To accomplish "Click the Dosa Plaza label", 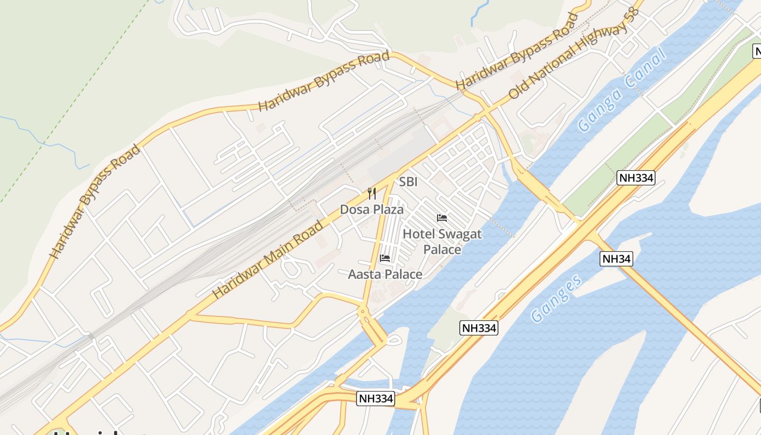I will tap(372, 209).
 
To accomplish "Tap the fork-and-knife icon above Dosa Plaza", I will tap(372, 194).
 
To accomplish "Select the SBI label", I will tap(408, 182).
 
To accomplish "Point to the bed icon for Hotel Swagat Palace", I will tap(442, 218).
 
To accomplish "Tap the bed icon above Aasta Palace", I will tap(385, 258).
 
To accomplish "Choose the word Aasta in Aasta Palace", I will tap(365, 275).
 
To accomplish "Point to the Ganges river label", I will tap(556, 299).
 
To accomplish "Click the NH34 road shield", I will tap(616, 259).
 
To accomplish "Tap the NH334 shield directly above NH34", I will tap(636, 177).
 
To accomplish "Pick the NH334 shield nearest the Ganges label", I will tap(478, 328).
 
